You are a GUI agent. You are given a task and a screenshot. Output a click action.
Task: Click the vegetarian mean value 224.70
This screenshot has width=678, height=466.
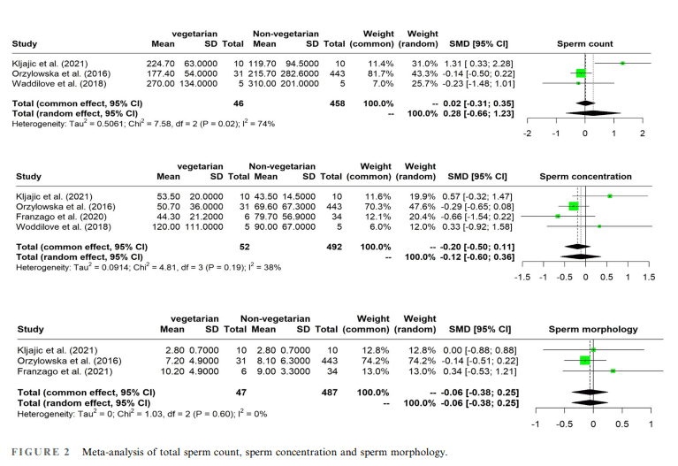click(162, 64)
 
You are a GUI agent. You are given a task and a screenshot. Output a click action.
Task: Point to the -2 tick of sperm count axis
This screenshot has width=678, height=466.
click(527, 133)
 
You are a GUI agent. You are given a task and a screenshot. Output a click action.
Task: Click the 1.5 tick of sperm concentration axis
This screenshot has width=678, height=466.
click(649, 277)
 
